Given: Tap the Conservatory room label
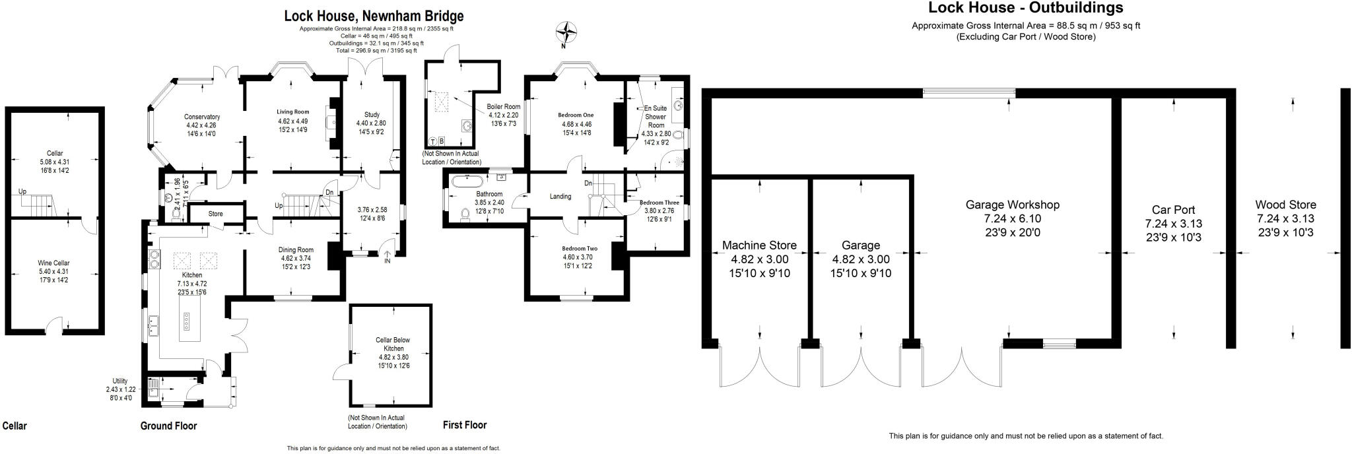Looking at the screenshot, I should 202,117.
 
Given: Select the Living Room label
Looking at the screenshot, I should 292,112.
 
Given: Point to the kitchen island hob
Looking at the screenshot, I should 186,321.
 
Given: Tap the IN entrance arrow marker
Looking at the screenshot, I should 388,256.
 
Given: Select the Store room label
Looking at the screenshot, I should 215,214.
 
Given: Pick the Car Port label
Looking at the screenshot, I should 1173,210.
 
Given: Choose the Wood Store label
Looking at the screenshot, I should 1285,205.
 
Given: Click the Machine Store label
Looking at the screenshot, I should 759,245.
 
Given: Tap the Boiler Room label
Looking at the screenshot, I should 503,106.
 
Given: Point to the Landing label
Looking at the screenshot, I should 560,196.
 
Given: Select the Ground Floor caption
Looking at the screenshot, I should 168,426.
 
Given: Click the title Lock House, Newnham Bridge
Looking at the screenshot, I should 374,16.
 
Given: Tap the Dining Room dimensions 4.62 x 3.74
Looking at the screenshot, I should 295,258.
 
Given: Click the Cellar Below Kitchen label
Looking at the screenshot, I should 393,344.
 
